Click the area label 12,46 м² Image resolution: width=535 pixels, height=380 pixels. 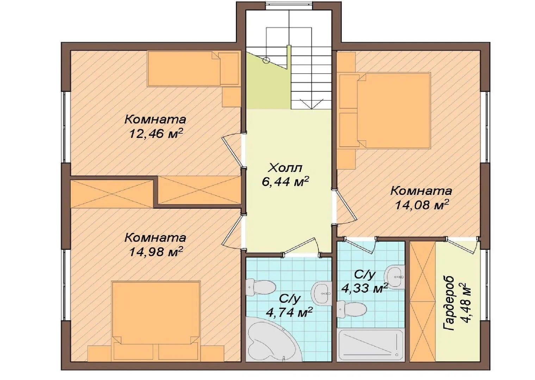pos(156,134)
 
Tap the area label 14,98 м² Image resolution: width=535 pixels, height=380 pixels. pos(156,252)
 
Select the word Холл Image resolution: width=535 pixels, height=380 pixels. pos(285,168)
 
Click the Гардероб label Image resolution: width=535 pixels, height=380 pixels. pos(449,303)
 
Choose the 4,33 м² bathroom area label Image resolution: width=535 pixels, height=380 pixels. pos(365,289)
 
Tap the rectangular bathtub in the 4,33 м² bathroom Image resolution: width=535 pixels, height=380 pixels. pos(371,348)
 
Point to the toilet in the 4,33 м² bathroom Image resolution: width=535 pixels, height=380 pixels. pos(352,309)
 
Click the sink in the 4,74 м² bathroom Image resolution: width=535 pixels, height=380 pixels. pos(322,293)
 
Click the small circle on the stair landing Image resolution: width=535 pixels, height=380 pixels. pos(266,60)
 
